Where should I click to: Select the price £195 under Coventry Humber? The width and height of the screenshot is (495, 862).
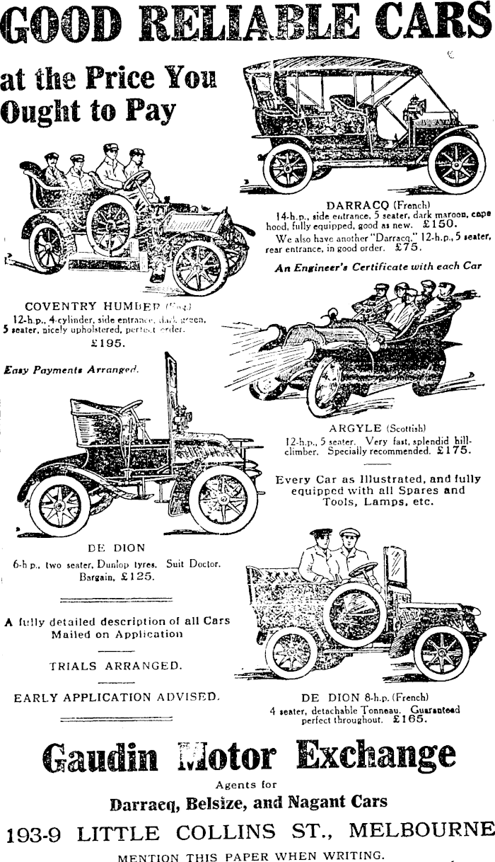[x=108, y=343]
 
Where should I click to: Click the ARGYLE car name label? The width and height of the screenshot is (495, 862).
[x=356, y=428]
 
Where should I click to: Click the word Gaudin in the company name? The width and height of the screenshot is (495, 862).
[x=100, y=757]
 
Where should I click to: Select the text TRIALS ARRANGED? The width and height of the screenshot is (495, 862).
[x=115, y=665]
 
